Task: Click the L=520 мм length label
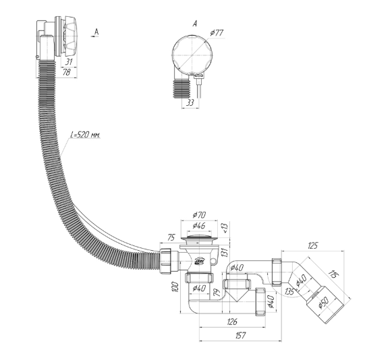click(86, 135)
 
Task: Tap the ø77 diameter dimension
click(217, 33)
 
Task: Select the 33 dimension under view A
click(190, 102)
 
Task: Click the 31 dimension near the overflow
click(69, 62)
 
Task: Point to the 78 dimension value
click(67, 72)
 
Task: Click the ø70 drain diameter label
click(200, 215)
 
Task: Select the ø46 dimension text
click(199, 225)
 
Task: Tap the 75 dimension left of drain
click(171, 238)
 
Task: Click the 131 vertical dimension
click(225, 252)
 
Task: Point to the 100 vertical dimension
click(175, 287)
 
